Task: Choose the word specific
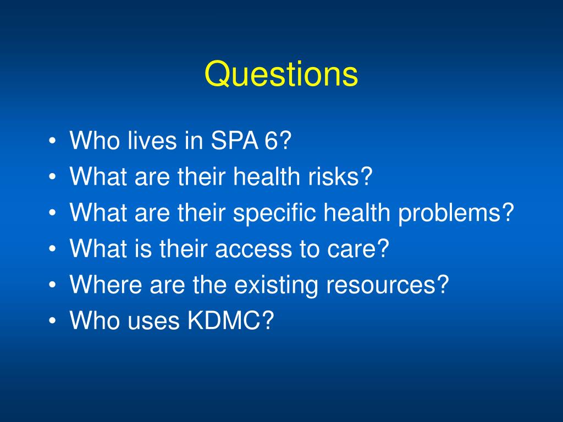(275, 213)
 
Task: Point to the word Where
(102, 285)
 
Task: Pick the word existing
(274, 285)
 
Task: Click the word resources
(391, 285)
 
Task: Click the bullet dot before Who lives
(52, 142)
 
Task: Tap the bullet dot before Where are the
(52, 286)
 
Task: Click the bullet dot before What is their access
(52, 250)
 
